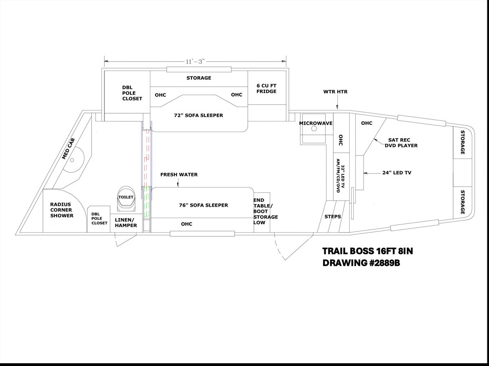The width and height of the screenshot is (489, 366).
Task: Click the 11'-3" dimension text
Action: (x=195, y=62)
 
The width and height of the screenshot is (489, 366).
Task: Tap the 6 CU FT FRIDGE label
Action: (x=267, y=88)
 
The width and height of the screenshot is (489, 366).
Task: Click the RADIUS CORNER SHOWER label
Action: (x=62, y=210)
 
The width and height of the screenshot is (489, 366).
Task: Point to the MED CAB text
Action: (x=68, y=149)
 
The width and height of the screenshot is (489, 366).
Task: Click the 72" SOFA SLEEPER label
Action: (x=198, y=115)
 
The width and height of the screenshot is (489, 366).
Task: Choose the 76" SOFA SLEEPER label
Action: (x=204, y=205)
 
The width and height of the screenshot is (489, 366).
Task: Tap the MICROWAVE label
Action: (x=316, y=123)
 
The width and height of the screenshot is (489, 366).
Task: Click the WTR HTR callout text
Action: (x=335, y=92)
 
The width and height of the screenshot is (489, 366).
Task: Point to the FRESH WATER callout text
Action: (x=179, y=174)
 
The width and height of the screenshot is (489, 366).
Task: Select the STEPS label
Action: (x=333, y=216)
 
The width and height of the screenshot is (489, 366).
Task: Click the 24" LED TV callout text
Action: (x=397, y=173)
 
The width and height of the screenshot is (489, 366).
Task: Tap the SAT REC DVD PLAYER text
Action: (x=401, y=143)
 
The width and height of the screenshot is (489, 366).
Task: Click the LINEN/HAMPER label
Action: (x=126, y=223)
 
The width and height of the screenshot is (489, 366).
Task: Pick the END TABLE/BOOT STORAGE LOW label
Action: (x=266, y=211)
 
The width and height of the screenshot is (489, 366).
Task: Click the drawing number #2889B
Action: (x=385, y=263)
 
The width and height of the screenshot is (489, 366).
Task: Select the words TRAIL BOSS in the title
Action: (x=348, y=251)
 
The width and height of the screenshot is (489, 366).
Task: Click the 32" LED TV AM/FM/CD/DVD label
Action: (x=341, y=176)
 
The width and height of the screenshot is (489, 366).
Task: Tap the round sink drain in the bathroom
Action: (x=72, y=160)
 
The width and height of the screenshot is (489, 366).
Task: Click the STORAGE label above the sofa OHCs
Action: (x=199, y=78)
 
